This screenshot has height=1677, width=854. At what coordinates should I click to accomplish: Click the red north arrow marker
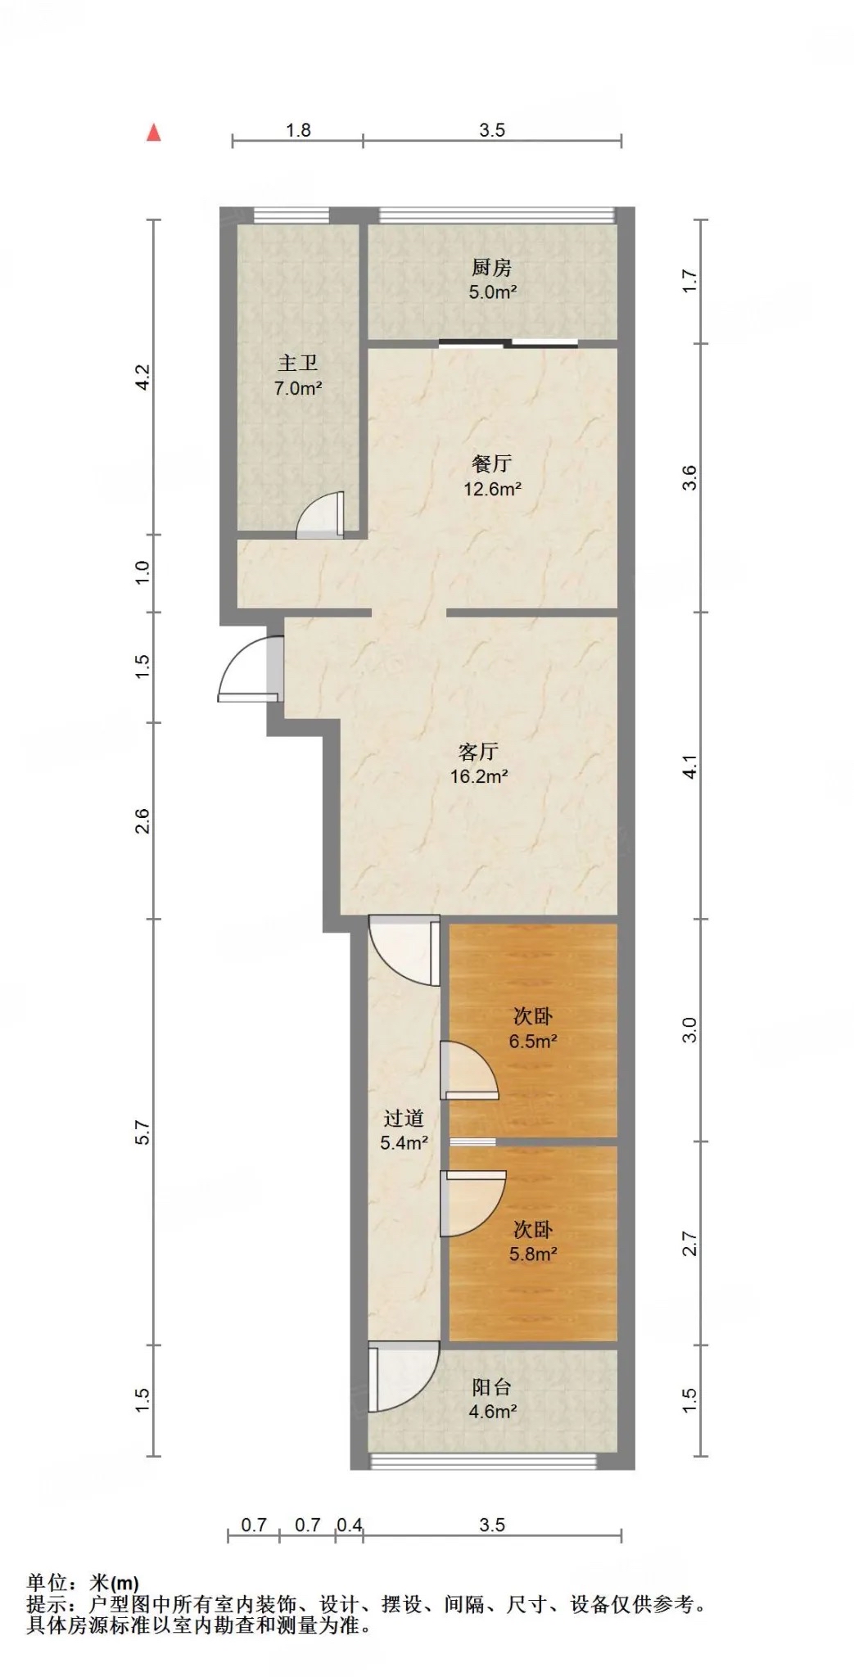click(153, 132)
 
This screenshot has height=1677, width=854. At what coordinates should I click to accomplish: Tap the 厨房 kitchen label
click(491, 268)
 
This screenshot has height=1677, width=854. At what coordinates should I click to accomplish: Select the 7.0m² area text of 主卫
click(298, 388)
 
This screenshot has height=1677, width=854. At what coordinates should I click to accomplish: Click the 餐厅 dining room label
click(492, 463)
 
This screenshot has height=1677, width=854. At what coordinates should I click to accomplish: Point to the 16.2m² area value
click(479, 776)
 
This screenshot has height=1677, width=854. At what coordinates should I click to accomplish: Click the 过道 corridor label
click(404, 1118)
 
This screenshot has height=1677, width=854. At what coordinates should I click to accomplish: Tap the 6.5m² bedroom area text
click(533, 1042)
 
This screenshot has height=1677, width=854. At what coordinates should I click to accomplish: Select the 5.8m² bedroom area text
click(533, 1254)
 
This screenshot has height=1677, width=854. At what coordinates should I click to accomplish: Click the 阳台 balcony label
click(492, 1386)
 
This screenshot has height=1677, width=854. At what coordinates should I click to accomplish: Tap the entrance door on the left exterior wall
click(250, 668)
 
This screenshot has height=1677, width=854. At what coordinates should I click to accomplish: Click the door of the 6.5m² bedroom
click(469, 1069)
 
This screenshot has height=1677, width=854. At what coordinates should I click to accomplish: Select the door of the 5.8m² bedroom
click(472, 1203)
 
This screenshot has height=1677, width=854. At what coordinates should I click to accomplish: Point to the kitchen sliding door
click(508, 343)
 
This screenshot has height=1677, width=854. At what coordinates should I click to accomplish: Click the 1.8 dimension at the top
click(298, 129)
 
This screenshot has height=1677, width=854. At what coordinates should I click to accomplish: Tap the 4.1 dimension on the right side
click(690, 766)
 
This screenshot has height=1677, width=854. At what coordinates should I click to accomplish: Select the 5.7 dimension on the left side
click(142, 1131)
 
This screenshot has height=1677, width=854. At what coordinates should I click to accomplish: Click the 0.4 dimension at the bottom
click(349, 1525)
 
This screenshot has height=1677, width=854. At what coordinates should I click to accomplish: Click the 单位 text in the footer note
click(47, 1583)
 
